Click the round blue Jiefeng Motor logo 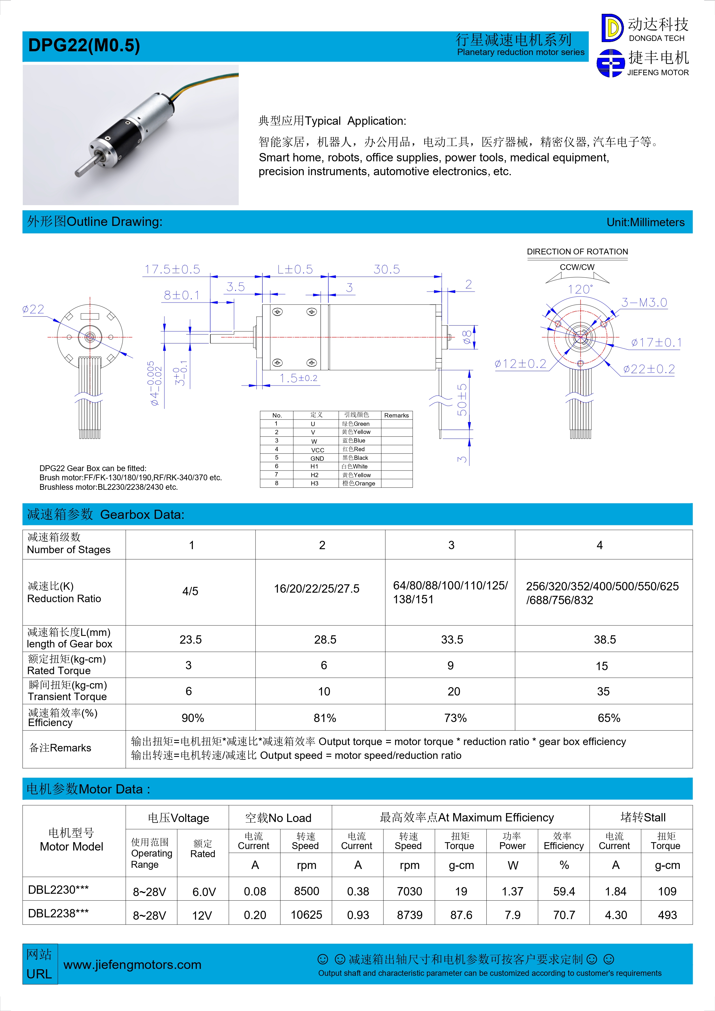610,63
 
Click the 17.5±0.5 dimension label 172,269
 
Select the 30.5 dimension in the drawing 387,269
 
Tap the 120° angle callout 580,289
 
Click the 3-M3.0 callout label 644,303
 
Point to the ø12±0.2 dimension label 520,364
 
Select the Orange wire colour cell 359,483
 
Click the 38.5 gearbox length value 604,639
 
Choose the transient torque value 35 603,691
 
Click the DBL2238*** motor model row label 58,913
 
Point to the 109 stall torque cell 667,891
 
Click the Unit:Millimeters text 646,222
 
